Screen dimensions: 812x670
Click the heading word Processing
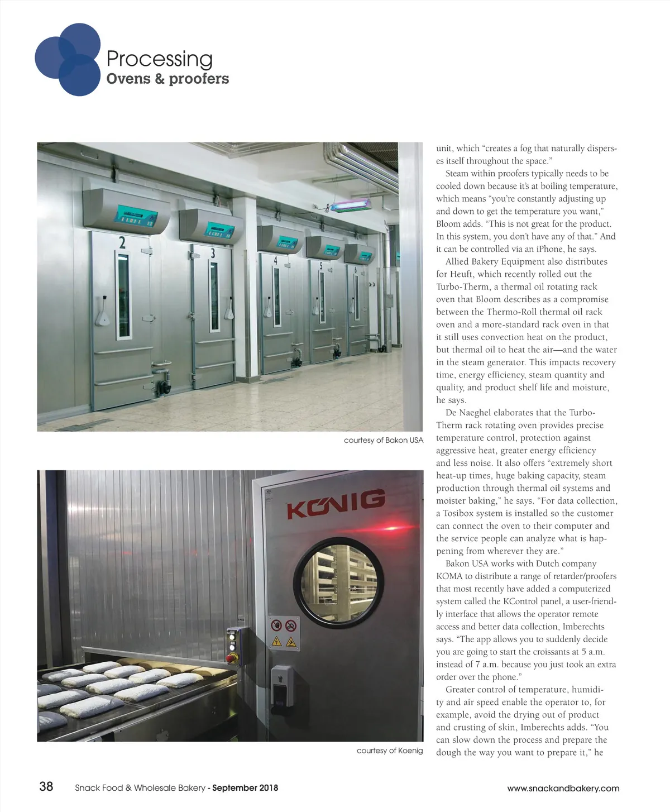click(159, 59)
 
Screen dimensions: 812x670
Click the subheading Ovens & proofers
click(167, 79)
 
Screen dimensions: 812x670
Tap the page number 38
click(46, 786)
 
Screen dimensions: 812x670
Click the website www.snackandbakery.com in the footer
click(563, 788)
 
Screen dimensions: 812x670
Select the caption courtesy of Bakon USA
click(384, 440)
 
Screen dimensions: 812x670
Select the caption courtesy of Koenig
click(390, 751)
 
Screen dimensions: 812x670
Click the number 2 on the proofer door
click(122, 242)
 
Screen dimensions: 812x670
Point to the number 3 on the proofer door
click(213, 253)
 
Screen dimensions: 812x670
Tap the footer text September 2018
click(246, 788)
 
